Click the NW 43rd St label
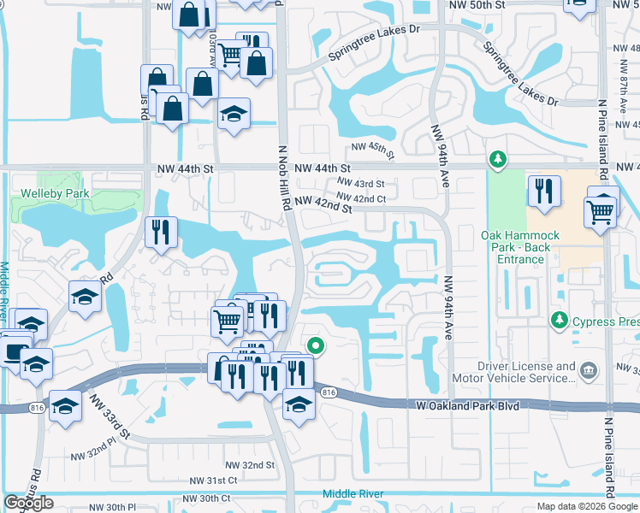[360, 184]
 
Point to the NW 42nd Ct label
[362, 199]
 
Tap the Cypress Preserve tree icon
[559, 320]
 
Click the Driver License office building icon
[588, 370]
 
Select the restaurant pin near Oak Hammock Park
[543, 192]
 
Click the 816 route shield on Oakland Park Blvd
[329, 392]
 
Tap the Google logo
[29, 503]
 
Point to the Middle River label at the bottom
[353, 493]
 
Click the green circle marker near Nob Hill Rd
[316, 346]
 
